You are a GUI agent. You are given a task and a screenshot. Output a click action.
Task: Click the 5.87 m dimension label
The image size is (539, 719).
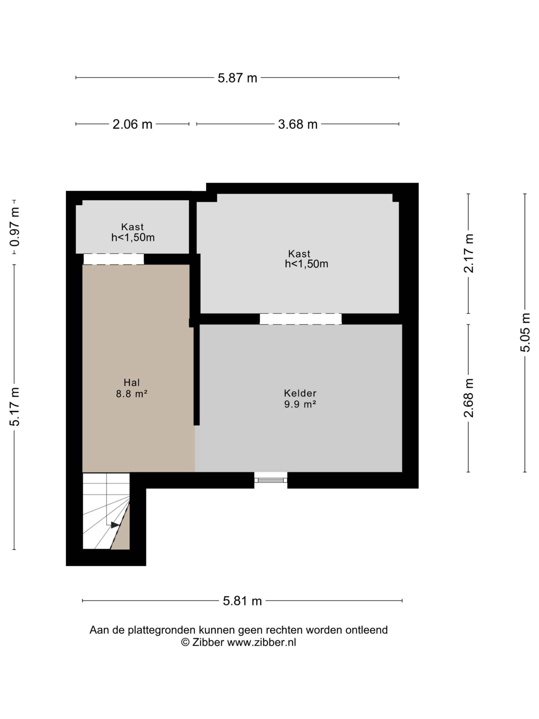237,78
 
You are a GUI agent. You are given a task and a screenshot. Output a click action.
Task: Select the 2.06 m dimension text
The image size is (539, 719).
132,124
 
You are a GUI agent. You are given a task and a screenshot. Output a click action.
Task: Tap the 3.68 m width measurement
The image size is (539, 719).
298,124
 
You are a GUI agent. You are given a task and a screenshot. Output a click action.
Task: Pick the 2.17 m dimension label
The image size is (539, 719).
469,253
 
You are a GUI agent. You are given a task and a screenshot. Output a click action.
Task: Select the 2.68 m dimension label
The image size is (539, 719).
469,398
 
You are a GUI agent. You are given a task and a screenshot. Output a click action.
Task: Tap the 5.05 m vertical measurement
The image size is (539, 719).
525,333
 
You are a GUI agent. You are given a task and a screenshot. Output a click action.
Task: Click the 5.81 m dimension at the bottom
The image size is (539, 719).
242,601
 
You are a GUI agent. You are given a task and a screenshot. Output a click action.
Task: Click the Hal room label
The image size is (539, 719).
132,383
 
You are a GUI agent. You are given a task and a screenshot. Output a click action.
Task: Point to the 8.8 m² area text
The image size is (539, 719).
132,394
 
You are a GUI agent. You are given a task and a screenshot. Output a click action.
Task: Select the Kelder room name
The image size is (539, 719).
300,393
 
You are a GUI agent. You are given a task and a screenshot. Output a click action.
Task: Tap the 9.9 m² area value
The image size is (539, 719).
300,404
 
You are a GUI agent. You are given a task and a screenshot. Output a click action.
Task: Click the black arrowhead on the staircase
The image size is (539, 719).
115,525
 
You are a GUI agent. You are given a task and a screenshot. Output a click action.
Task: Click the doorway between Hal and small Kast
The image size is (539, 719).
114,259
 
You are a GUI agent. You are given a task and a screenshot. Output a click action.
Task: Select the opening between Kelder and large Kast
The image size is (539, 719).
301,319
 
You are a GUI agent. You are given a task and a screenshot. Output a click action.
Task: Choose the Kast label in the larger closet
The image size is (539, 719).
299,254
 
